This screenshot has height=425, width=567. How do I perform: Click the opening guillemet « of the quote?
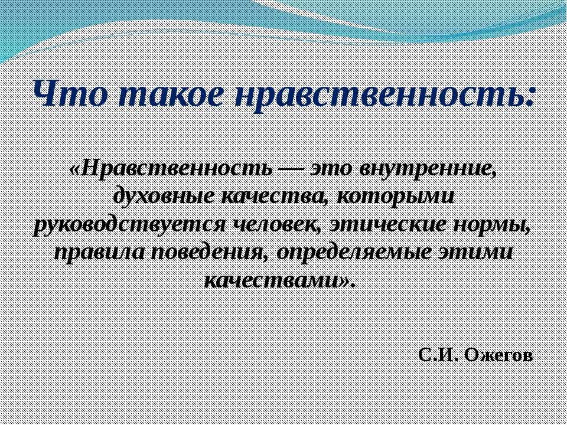[x=76, y=169]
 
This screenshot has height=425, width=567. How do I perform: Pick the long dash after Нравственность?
[x=291, y=169]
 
